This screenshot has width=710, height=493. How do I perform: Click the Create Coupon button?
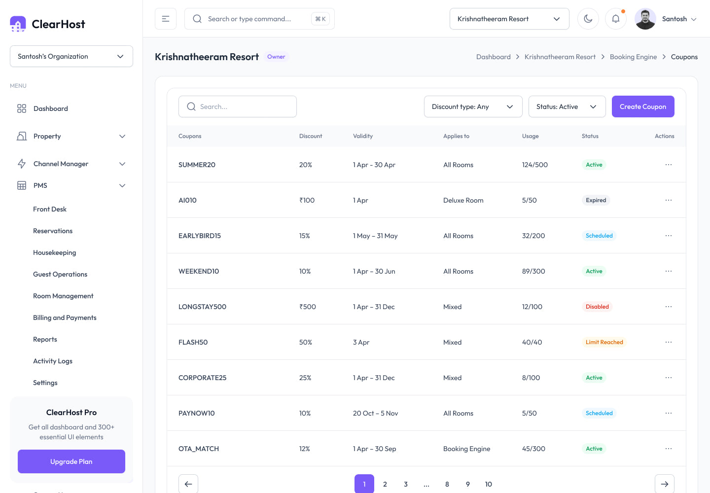point(643,106)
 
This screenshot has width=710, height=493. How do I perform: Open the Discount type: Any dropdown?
point(473,106)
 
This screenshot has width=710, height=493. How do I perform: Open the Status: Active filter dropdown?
point(567,106)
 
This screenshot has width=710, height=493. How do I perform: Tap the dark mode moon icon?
point(588,19)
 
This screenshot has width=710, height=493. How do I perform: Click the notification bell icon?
point(615,19)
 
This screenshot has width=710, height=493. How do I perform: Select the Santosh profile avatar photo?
point(645,19)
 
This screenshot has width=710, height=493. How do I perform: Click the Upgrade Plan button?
point(71,461)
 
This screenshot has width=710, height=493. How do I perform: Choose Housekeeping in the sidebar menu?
point(55,252)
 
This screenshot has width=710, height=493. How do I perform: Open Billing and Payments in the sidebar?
point(65,317)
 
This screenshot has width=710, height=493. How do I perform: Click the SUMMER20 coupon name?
point(197,165)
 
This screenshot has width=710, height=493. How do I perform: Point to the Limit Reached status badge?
point(604,342)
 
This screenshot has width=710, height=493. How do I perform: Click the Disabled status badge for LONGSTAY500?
point(597,307)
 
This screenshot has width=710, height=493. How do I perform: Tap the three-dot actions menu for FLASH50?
point(669,342)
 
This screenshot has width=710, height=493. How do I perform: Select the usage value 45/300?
point(533,449)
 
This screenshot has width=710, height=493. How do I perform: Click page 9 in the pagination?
point(467,484)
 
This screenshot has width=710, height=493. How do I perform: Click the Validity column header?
point(363,136)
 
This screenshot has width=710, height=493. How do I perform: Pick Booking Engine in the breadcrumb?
point(633,57)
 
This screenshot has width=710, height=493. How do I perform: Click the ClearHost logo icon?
point(18,24)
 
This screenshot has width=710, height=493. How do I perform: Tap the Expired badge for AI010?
point(596,200)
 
